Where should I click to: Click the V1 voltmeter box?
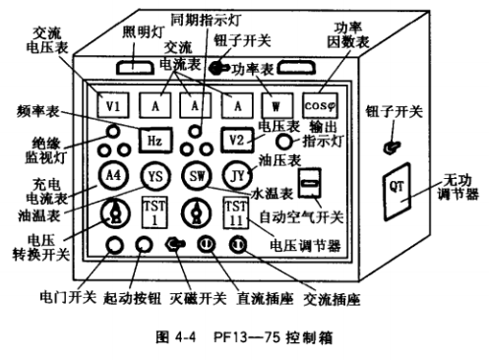tap(113, 105)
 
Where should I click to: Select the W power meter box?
tap(277, 105)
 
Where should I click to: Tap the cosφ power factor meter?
tap(320, 105)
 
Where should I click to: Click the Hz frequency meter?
tap(155, 141)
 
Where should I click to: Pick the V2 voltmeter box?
tap(237, 140)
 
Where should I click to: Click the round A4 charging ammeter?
tap(113, 175)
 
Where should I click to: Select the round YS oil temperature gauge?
tap(155, 176)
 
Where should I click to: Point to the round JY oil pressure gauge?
tap(238, 176)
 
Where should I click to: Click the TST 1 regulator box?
tap(155, 212)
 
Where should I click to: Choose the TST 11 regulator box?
tap(236, 212)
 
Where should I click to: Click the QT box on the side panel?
tap(397, 192)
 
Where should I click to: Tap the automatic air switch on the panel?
tap(309, 183)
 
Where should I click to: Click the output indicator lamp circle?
tap(283, 142)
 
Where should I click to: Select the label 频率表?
tap(38, 111)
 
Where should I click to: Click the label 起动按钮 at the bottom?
tap(132, 298)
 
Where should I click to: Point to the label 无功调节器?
tap(458, 187)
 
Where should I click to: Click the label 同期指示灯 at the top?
tap(206, 20)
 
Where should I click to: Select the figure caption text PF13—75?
tap(246, 337)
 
